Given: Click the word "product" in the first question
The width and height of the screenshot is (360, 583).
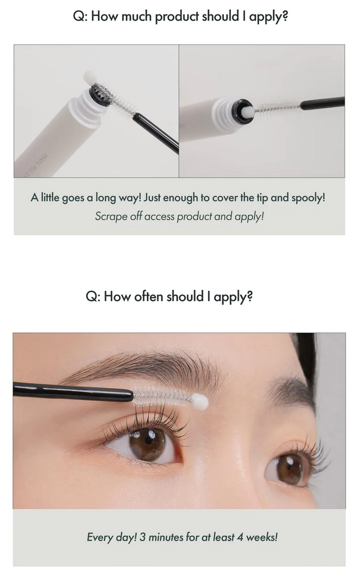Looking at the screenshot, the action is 177,17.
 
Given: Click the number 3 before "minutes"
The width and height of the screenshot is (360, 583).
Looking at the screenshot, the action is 142,537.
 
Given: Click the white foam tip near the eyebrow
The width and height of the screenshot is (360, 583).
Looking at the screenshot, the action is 200,402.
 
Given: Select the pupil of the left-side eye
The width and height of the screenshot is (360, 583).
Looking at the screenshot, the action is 148,440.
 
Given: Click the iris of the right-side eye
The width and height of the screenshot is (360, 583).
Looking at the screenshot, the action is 290,469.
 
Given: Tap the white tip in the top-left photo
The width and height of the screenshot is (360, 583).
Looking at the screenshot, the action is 90,77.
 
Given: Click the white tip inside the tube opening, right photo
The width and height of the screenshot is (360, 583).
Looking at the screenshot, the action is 247,111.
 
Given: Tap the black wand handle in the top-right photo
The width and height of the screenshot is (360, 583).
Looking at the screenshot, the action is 322,103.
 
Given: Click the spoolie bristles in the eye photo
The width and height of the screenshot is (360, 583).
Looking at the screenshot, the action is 162,396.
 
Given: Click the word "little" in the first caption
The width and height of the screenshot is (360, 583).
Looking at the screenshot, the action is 50,197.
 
